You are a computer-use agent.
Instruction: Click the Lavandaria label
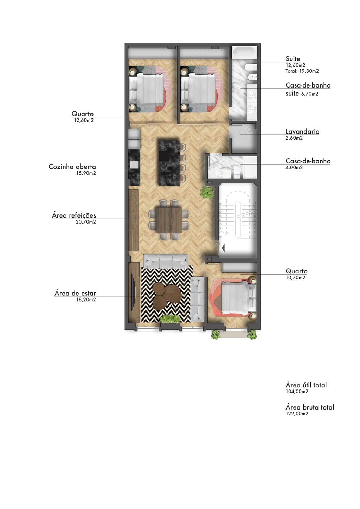302,131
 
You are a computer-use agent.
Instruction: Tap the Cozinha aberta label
72,167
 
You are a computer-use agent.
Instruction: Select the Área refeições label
74,215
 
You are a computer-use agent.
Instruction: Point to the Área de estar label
75,293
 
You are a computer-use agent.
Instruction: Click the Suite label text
293,59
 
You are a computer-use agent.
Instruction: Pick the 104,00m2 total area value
297,392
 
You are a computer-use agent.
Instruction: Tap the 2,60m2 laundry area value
294,138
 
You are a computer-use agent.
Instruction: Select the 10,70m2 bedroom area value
295,277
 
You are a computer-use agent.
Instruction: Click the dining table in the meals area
169,220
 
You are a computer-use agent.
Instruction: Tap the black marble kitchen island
169,163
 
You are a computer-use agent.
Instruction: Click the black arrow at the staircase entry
223,248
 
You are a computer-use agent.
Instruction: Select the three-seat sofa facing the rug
166,261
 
